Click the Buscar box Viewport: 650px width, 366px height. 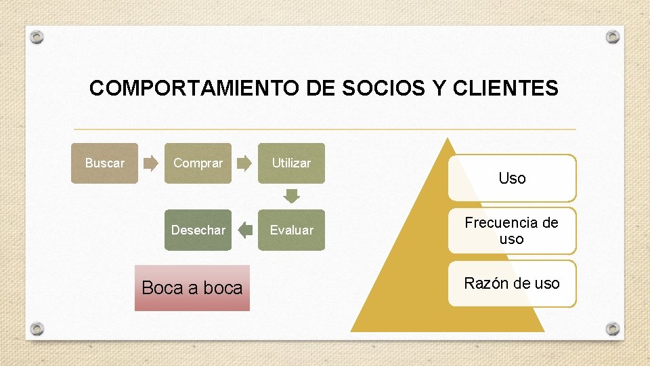pos(104,163)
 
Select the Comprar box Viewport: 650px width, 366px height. pos(198,163)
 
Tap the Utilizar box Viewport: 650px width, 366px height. pos(291,163)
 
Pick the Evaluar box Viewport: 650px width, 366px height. pos(291,230)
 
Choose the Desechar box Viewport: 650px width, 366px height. pos(198,230)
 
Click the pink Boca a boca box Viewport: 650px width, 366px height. pos(192,288)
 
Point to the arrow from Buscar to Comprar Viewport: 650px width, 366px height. pos(151,163)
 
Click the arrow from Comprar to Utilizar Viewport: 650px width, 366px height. pos(244,163)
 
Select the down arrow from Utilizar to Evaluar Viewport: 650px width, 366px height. pos(291,197)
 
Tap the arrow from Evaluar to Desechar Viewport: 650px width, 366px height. pos(244,230)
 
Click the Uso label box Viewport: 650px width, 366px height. pos(512,178)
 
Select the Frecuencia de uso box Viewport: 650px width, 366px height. pos(512,230)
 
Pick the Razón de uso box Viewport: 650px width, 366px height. pos(512,283)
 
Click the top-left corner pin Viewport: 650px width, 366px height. pos(37,37)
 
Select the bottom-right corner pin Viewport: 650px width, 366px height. pos(613,329)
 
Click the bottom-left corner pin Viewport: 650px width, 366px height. pos(37,329)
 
